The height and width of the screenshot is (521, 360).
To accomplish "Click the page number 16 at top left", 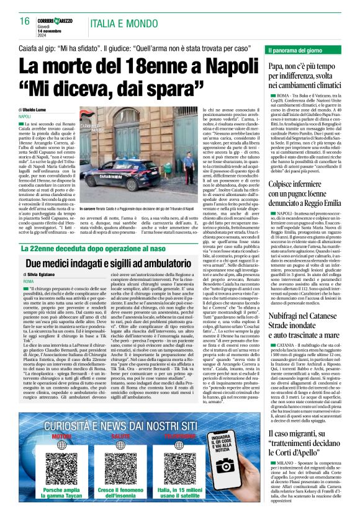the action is (25, 22).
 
